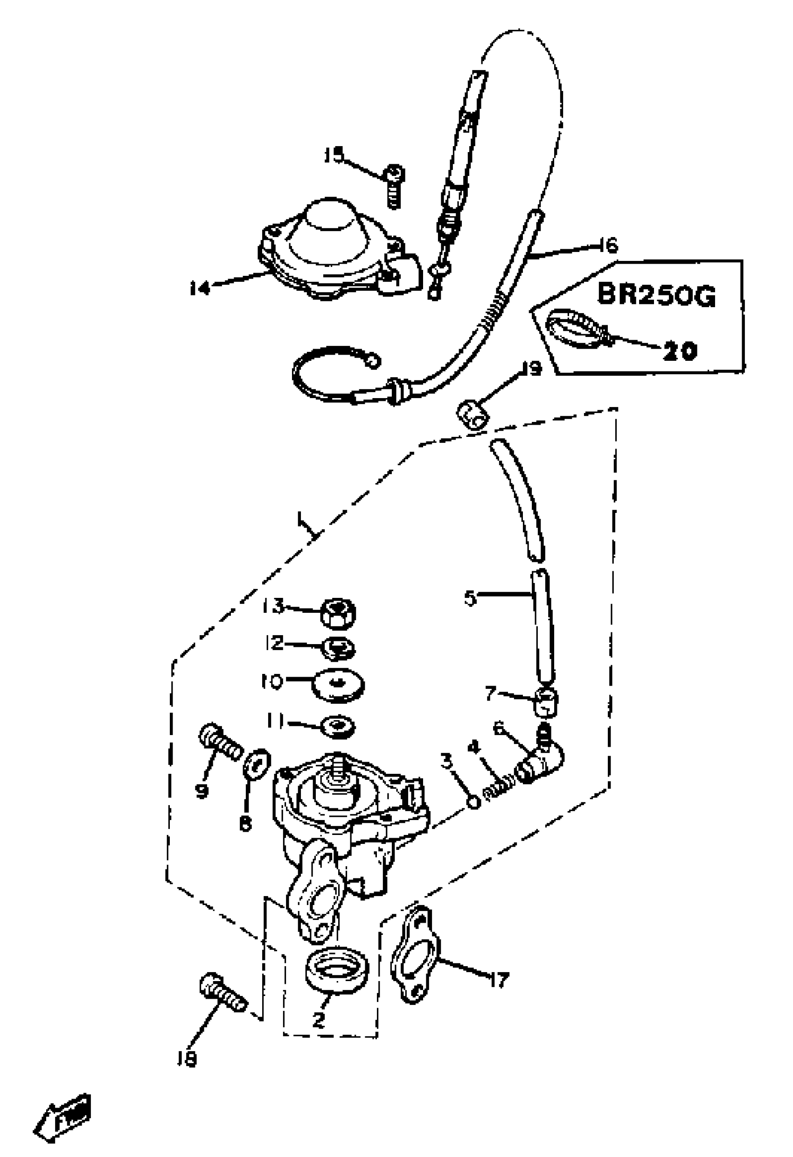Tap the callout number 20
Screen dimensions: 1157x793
click(x=680, y=351)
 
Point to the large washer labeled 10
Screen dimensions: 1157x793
click(x=338, y=686)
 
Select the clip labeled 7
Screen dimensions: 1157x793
click(x=546, y=702)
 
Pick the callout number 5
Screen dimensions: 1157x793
click(x=470, y=598)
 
